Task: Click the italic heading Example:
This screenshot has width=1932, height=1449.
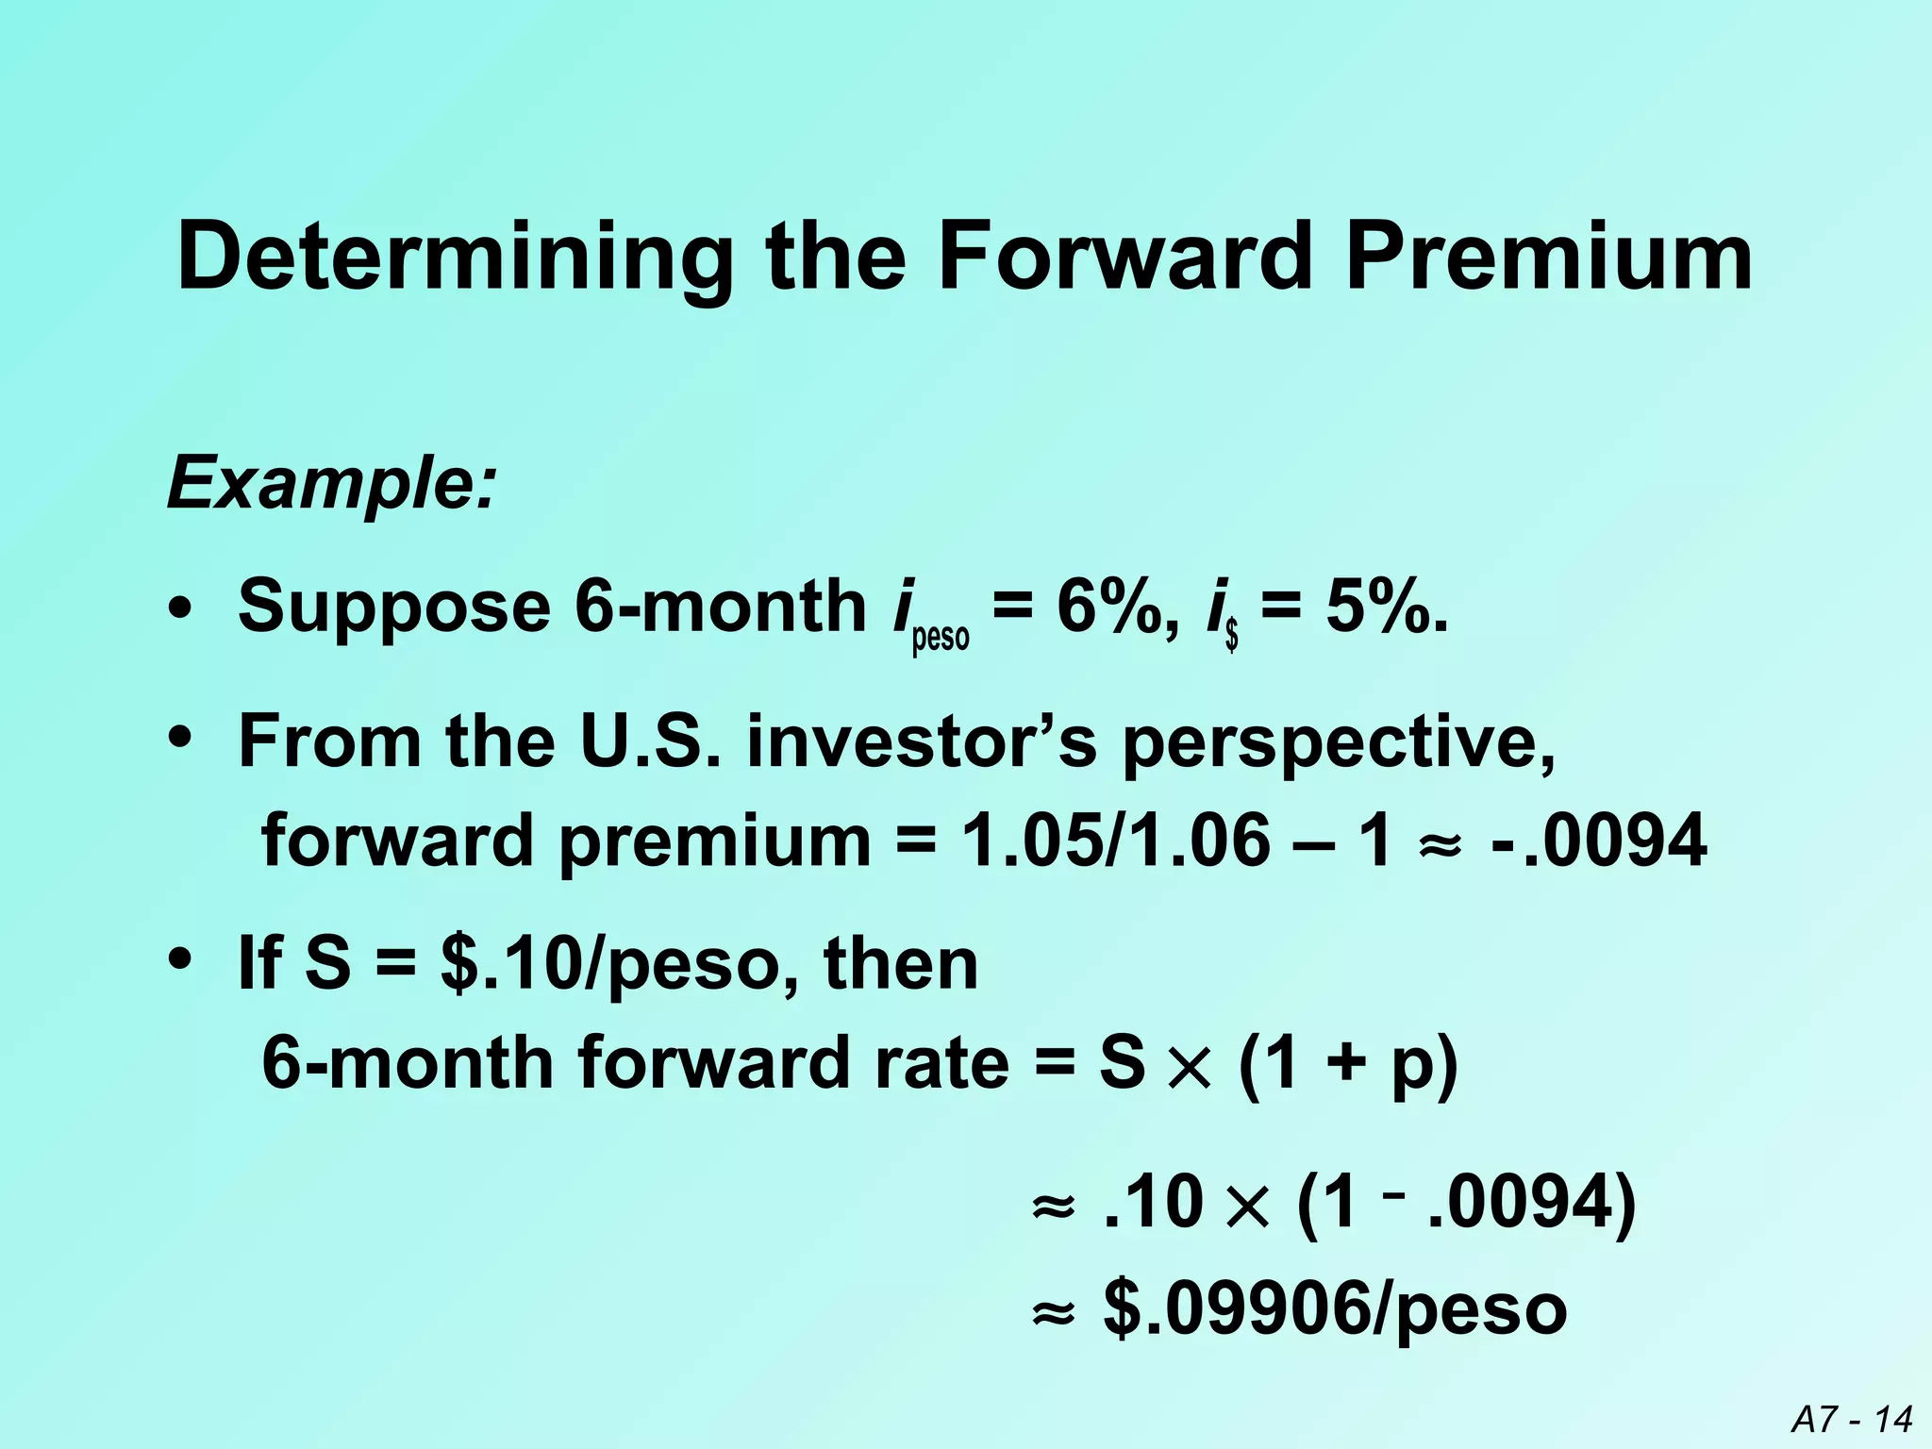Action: pos(330,484)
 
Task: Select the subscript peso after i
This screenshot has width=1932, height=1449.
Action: pos(941,639)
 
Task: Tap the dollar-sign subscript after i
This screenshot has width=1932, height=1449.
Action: pos(1231,639)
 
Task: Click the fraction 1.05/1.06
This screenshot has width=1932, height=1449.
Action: pos(1115,841)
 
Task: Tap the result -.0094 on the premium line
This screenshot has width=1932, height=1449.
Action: pos(1598,841)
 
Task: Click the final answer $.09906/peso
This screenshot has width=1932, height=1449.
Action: pos(1335,1311)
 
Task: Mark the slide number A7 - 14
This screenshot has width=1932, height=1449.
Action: pos(1852,1419)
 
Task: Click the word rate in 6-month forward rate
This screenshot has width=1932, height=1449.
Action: pos(942,1064)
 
